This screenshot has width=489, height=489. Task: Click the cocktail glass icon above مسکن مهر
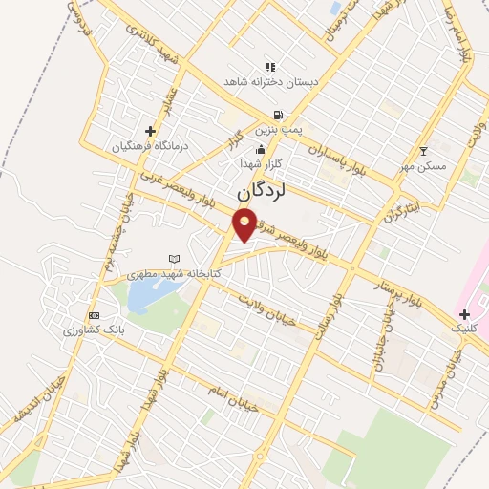coord(424,151)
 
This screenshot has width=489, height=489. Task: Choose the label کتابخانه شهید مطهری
coord(174,273)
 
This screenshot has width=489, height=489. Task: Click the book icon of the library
coord(174,259)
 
